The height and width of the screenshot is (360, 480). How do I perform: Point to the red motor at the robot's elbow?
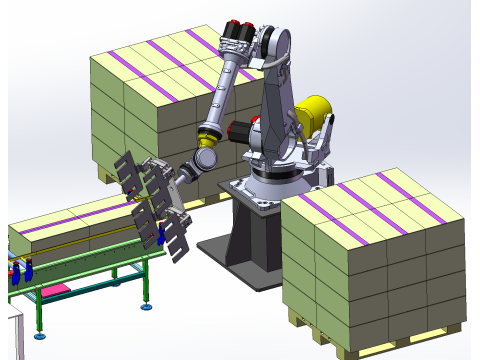coord(241,129)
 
